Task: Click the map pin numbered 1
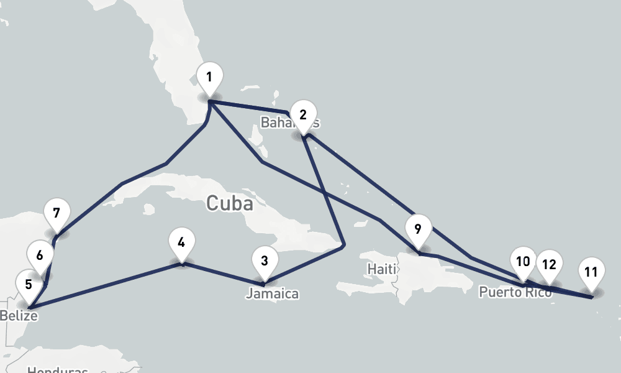coord(209,78)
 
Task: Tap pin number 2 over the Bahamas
coord(303,115)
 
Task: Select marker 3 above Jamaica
coord(265,261)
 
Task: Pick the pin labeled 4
coord(181,242)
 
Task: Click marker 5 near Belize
coord(29,285)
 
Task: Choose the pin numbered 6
coord(40,256)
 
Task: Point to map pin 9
coord(418,229)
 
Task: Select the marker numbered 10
coord(523,261)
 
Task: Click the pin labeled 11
coord(591,272)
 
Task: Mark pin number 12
coord(549,264)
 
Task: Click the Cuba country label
coord(229,203)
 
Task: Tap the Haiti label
coord(381,269)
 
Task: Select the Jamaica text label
coord(272,293)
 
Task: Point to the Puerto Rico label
coord(515,292)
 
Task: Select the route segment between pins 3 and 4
coord(224,274)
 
